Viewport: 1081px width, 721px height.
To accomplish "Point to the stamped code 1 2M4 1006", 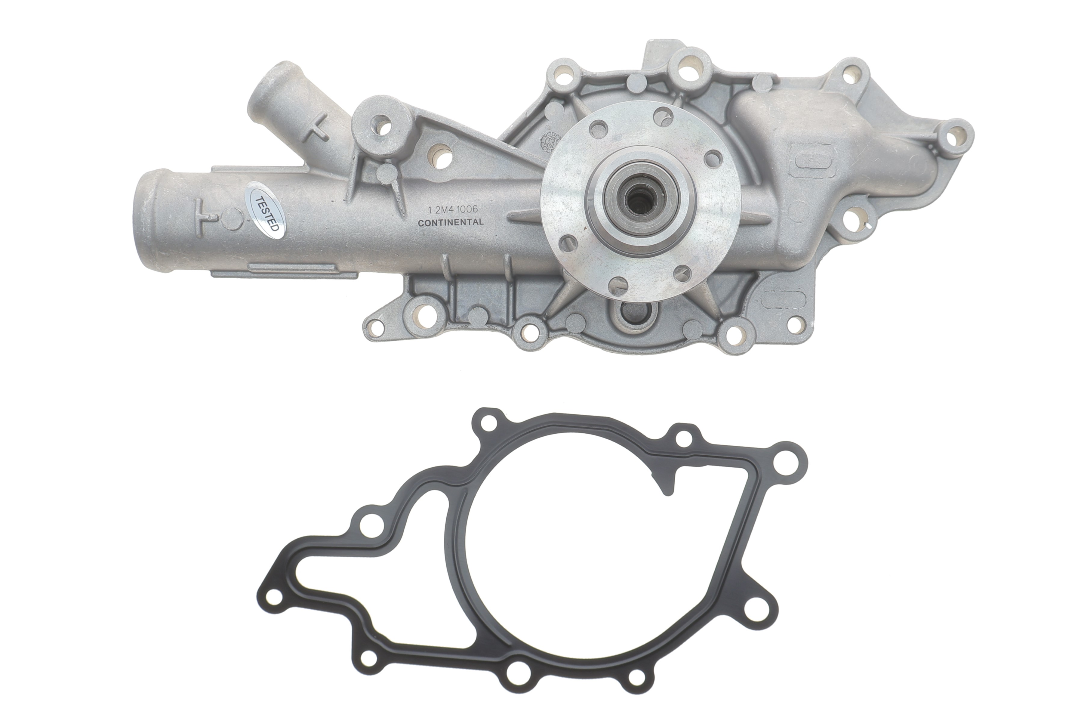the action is (453, 209).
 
